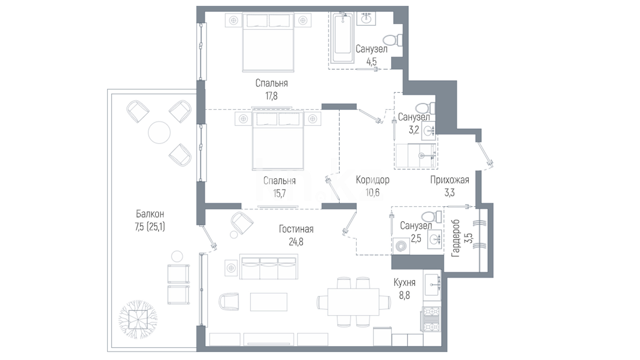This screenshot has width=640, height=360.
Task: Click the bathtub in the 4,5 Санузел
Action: [x=343, y=38]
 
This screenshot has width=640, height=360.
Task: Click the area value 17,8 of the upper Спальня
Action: [x=271, y=96]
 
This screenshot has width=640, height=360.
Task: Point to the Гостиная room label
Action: [x=296, y=229]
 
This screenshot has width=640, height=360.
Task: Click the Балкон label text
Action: [x=150, y=214]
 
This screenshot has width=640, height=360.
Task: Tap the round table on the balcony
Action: [x=159, y=132]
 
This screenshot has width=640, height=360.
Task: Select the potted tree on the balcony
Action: [x=138, y=319]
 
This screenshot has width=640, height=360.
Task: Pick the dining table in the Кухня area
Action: [x=353, y=302]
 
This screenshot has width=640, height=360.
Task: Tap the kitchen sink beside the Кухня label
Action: [x=432, y=285]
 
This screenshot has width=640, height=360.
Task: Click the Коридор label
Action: [x=373, y=180]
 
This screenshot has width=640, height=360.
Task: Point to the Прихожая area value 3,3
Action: [x=449, y=193]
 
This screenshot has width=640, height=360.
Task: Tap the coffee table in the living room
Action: [x=269, y=302]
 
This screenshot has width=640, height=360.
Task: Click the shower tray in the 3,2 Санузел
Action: [x=416, y=156]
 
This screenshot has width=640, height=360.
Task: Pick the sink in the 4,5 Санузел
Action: [x=366, y=18]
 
